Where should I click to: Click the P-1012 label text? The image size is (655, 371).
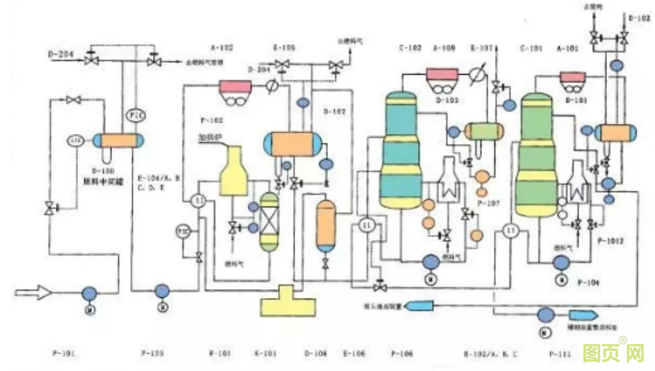[x=610, y=241]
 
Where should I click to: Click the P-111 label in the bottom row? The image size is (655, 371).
[x=560, y=354]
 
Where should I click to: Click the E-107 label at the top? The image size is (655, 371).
[x=481, y=47]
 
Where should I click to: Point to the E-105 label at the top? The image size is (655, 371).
[x=283, y=47]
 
